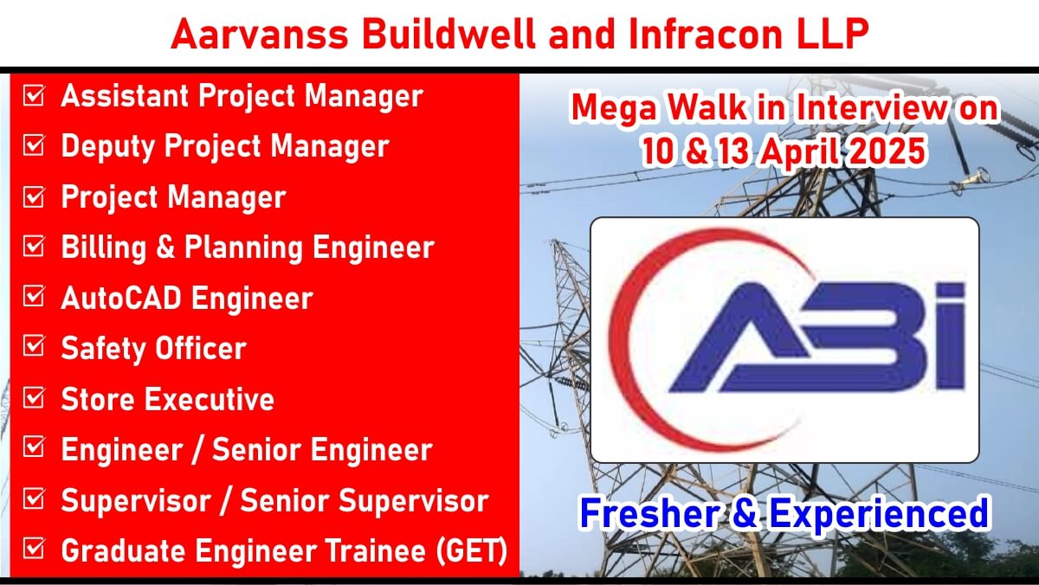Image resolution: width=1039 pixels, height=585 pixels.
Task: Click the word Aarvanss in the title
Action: tap(260, 34)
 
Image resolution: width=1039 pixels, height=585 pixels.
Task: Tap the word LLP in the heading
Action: tap(833, 34)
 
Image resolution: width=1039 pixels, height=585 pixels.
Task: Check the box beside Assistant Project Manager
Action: tap(34, 95)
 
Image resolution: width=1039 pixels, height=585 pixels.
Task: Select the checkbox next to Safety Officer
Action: tap(34, 346)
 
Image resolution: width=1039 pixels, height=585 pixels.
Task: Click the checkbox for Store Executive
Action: tap(34, 397)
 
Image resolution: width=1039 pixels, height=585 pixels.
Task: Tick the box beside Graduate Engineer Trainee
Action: tap(34, 549)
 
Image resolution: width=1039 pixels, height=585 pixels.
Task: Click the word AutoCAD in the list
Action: tap(121, 298)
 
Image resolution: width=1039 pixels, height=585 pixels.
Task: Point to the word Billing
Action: tap(104, 247)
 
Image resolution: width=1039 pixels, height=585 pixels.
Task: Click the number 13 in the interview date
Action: tap(732, 151)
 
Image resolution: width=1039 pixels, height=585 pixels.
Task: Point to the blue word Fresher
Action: tap(650, 512)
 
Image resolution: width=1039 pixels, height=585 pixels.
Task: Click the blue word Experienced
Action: tap(879, 514)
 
